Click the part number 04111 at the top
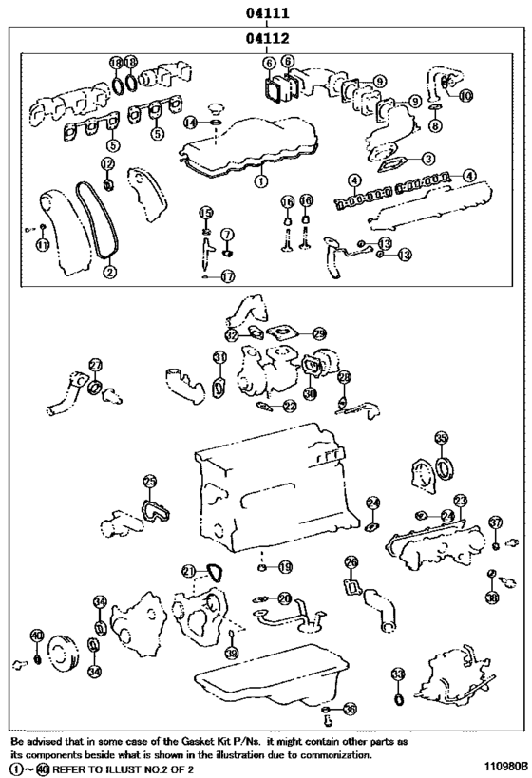pyautogui.click(x=266, y=12)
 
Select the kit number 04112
pyautogui.click(x=266, y=39)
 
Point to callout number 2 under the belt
pyautogui.click(x=110, y=273)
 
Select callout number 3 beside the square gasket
pyautogui.click(x=428, y=159)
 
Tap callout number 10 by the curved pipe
pyautogui.click(x=465, y=96)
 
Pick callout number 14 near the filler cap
pyautogui.click(x=190, y=123)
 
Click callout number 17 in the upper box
pyautogui.click(x=228, y=276)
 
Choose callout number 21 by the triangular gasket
pyautogui.click(x=189, y=570)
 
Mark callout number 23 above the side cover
pyautogui.click(x=460, y=500)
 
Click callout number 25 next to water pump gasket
pyautogui.click(x=149, y=482)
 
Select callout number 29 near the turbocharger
pyautogui.click(x=319, y=333)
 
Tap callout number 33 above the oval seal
pyautogui.click(x=398, y=674)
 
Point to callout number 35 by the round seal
pyautogui.click(x=441, y=438)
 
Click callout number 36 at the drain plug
pyautogui.click(x=351, y=709)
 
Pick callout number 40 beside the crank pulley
pyautogui.click(x=37, y=636)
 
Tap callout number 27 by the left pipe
pyautogui.click(x=95, y=365)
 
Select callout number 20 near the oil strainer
pyautogui.click(x=285, y=598)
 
